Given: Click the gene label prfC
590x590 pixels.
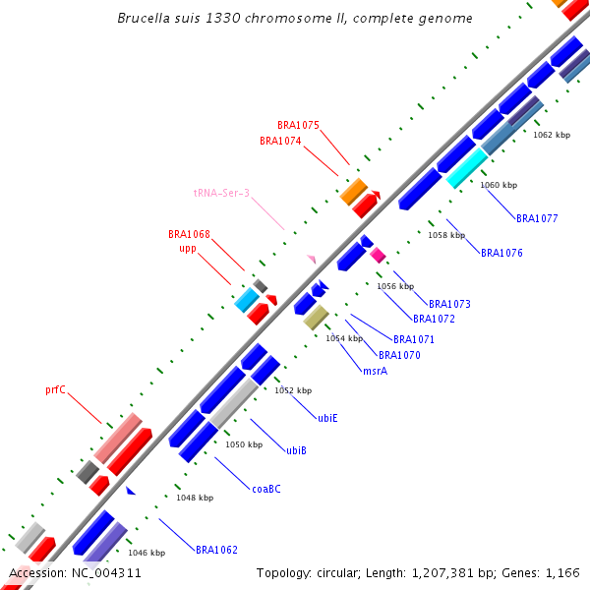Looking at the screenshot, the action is pyautogui.click(x=55, y=389).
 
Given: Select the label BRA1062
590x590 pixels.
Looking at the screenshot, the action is pyautogui.click(x=216, y=550).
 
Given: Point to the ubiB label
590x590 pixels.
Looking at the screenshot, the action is pyautogui.click(x=296, y=450).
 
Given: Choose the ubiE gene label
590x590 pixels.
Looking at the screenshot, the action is pyautogui.click(x=327, y=418).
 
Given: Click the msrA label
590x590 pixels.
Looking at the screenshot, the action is pyautogui.click(x=375, y=371).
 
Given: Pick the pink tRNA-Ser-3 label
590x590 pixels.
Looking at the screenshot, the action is pyautogui.click(x=221, y=194).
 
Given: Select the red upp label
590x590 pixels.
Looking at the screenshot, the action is pyautogui.click(x=188, y=249).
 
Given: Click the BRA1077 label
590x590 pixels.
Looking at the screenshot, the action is pyautogui.click(x=537, y=218).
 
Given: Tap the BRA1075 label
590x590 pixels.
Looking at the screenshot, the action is pyautogui.click(x=298, y=125).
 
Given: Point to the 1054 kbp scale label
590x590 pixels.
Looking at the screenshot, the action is pyautogui.click(x=344, y=338).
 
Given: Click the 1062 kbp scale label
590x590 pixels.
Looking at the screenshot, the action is pyautogui.click(x=551, y=135).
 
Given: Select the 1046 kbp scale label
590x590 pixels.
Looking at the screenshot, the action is pyautogui.click(x=147, y=553).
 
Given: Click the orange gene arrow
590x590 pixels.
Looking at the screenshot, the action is pyautogui.click(x=353, y=191).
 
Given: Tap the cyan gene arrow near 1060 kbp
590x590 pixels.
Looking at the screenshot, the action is pyautogui.click(x=466, y=167).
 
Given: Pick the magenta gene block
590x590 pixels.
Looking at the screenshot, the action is pyautogui.click(x=378, y=256).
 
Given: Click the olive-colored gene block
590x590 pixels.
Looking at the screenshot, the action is pyautogui.click(x=316, y=317).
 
